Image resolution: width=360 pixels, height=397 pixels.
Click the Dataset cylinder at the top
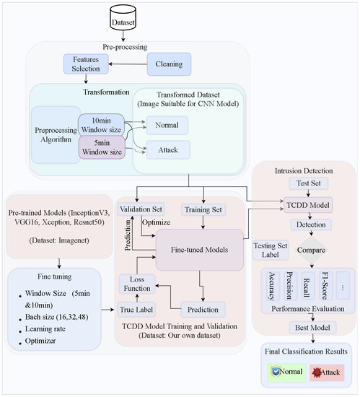[x=123, y=20]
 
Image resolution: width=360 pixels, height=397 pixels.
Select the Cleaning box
[x=169, y=64]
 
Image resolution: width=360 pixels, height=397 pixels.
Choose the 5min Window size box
[x=101, y=152]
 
